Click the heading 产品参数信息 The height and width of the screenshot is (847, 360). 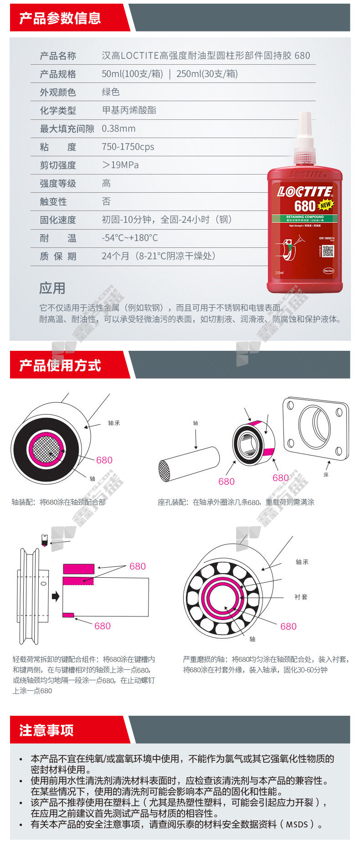coord(60,18)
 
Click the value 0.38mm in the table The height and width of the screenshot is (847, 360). coord(118,128)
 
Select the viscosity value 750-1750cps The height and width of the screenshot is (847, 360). coord(128,147)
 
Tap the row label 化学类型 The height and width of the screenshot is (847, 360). coord(58,110)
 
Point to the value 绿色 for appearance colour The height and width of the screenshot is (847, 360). coord(111,92)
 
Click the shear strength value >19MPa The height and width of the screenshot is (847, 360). coord(120,165)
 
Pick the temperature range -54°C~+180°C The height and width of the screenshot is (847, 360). coord(130,238)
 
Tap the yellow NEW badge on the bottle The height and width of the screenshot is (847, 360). coord(325,205)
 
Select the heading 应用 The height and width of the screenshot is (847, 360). coord(52,288)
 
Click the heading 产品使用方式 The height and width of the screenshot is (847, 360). coord(60,365)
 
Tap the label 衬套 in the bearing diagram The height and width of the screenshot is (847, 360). coord(301,597)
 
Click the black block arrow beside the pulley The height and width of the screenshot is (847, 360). coord(56,596)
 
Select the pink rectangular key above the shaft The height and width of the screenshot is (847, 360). coord(78,568)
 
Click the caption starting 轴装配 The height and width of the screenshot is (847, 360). coord(59,502)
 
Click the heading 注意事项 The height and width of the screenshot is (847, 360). coord(46,730)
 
